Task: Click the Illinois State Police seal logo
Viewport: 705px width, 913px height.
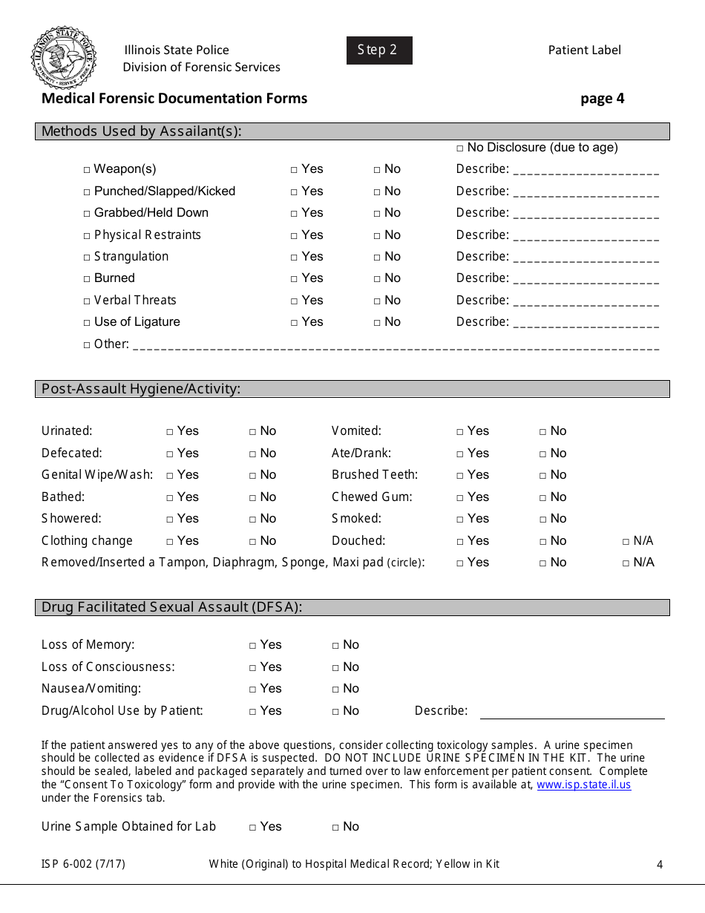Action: click(x=64, y=58)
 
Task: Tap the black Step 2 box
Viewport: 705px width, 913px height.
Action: click(x=379, y=50)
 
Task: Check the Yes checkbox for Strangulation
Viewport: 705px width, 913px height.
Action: click(x=294, y=258)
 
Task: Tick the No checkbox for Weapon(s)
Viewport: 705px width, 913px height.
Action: click(x=377, y=170)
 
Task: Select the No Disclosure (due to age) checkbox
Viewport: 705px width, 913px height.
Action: click(x=460, y=148)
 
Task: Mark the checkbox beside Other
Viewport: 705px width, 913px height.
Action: click(x=87, y=345)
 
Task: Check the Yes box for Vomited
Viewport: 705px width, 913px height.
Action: click(x=460, y=432)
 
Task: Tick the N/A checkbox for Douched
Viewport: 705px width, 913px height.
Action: click(x=626, y=542)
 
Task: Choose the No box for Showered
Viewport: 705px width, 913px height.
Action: click(x=252, y=520)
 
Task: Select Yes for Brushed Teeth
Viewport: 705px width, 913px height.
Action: click(x=460, y=476)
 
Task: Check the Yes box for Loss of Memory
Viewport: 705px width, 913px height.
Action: click(x=252, y=646)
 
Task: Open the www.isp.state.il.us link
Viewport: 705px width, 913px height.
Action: click(x=583, y=785)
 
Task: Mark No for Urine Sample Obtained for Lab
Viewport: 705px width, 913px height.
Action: click(x=335, y=828)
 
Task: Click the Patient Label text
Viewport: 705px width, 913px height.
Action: click(x=584, y=50)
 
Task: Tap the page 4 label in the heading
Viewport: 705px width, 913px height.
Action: click(x=602, y=99)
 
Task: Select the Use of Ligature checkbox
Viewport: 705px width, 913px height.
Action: click(x=87, y=323)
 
